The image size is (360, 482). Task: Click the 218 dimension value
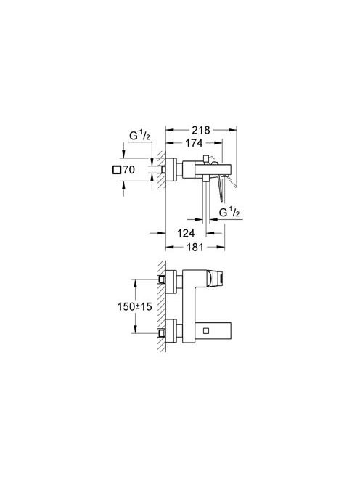click(x=201, y=130)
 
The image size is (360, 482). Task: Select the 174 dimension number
click(x=194, y=143)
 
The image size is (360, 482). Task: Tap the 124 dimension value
click(x=186, y=233)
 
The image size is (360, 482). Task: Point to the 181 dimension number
click(x=195, y=247)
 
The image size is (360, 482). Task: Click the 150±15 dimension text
click(x=135, y=306)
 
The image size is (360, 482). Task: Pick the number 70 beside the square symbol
click(x=128, y=170)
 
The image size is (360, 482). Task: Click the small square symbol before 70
click(x=117, y=170)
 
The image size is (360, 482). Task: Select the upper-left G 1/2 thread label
click(x=139, y=136)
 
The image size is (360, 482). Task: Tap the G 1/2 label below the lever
click(x=229, y=212)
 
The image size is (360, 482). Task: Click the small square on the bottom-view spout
click(x=206, y=330)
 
